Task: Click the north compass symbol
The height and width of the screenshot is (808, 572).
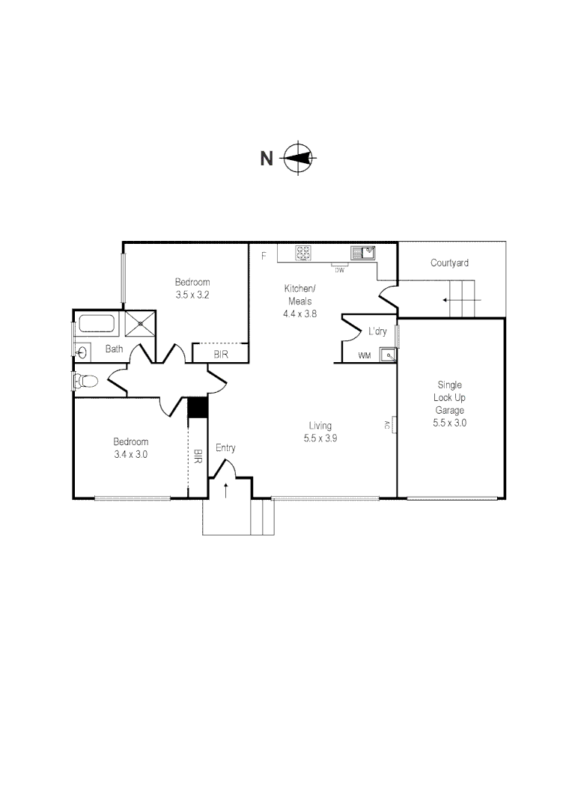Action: [299, 158]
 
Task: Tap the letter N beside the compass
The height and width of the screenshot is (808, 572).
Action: [267, 159]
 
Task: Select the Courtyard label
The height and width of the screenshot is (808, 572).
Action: [449, 263]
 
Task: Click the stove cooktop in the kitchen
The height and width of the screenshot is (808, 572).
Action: [303, 254]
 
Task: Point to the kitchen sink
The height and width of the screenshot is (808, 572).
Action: [363, 253]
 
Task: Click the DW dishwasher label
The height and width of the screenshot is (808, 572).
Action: [339, 269]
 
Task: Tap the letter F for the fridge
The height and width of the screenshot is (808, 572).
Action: [263, 256]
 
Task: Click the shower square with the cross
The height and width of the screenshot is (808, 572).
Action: [141, 325]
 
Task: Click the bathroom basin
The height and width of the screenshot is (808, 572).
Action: [82, 350]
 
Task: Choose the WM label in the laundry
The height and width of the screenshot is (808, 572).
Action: [365, 355]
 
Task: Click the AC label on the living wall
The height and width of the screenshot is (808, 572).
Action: [387, 425]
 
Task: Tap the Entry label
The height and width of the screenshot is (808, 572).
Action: [225, 448]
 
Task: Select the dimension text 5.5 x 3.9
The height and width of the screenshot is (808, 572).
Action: [320, 438]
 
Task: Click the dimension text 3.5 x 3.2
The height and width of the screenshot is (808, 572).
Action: [192, 295]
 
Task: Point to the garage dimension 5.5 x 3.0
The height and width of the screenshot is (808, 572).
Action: [449, 423]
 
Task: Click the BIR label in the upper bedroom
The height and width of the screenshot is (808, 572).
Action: [221, 355]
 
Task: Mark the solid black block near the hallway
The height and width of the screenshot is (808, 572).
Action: [196, 407]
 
